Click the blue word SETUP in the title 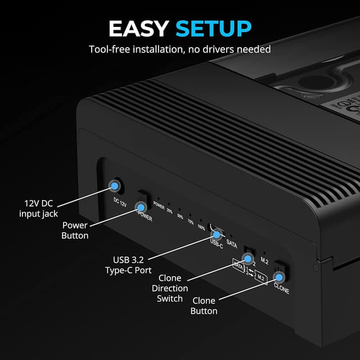point(213,28)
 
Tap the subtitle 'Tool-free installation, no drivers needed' point(180,49)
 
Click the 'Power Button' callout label point(75,231)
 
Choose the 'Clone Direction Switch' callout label point(170,288)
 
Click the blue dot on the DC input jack point(115,185)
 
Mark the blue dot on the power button point(140,208)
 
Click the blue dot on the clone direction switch point(246,259)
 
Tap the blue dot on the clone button point(278,277)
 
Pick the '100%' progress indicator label point(201,227)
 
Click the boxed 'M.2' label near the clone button point(261,276)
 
